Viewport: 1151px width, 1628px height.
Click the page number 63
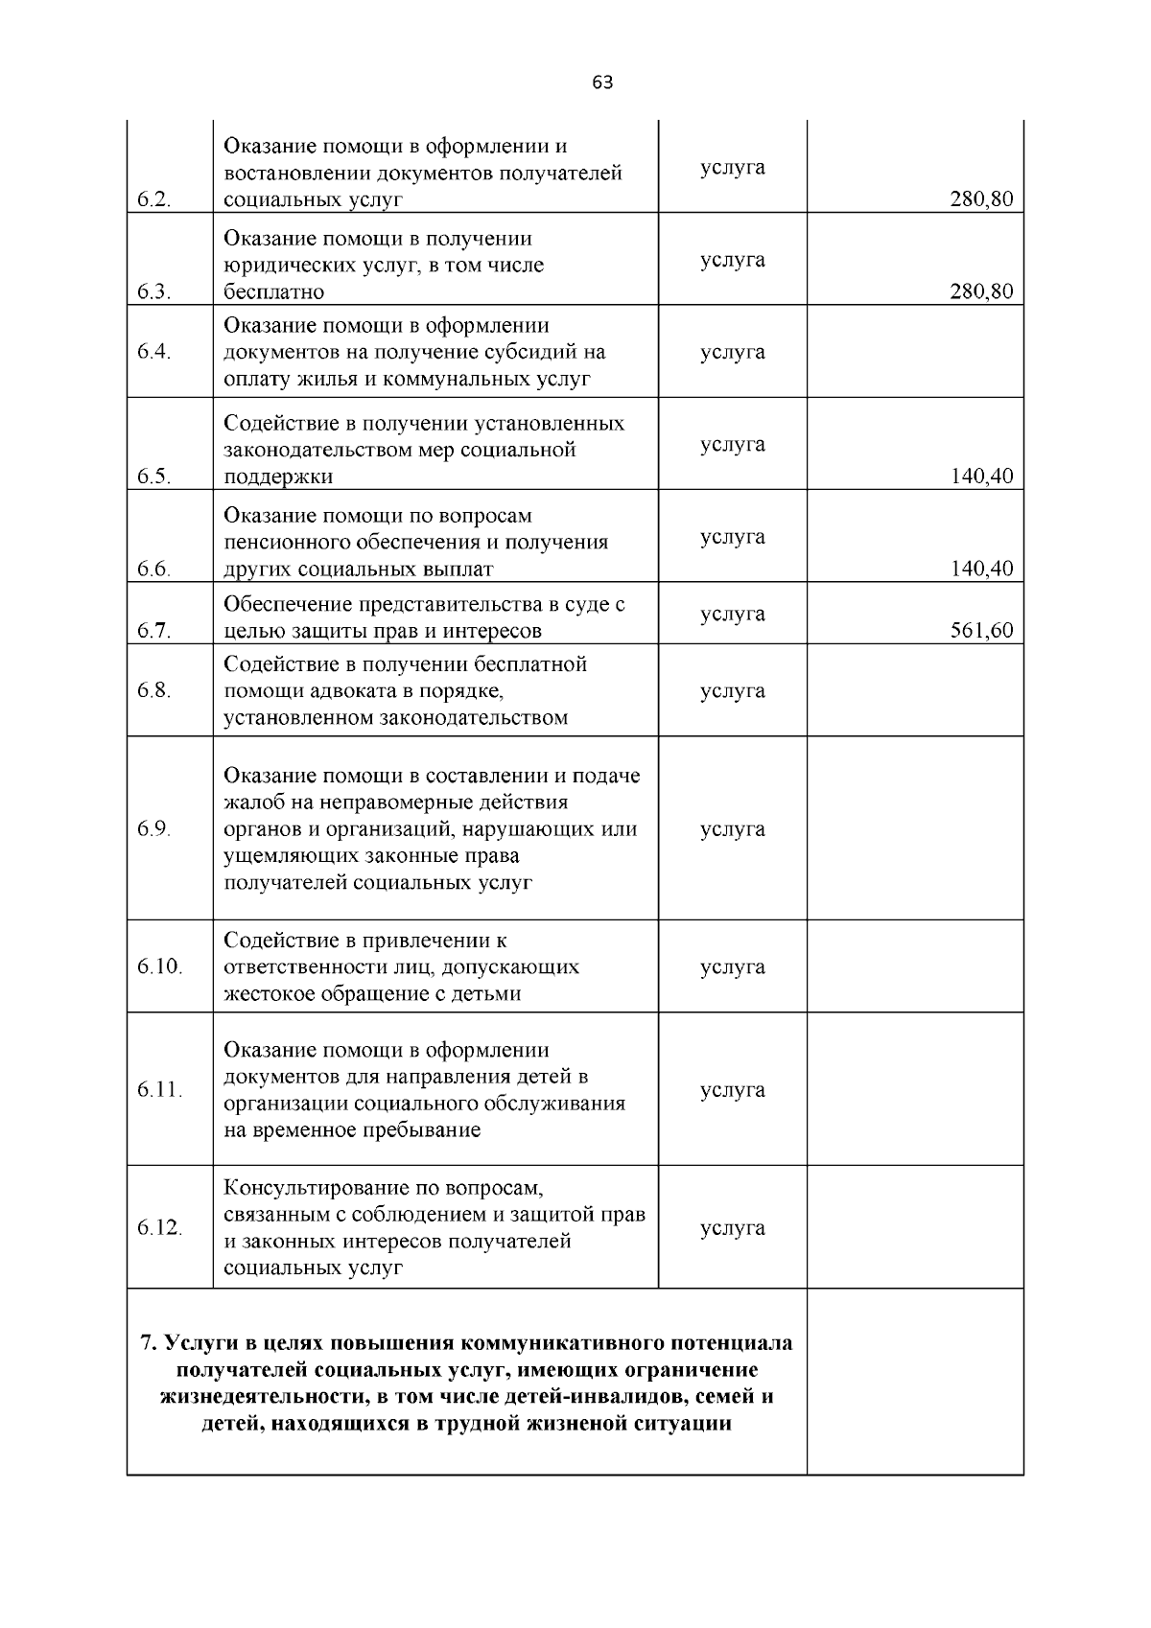pos(602,82)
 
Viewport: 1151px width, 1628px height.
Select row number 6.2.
pos(153,200)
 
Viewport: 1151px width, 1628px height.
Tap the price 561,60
pos(981,631)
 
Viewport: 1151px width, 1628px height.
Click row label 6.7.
pos(153,631)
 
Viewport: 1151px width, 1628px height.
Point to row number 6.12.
pos(159,1228)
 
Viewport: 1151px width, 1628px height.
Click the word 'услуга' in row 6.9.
pos(733,829)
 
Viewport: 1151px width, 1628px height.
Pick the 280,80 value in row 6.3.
pos(981,292)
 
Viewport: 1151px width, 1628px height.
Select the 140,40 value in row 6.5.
pos(981,477)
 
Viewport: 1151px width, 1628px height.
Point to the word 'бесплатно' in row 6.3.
pos(274,292)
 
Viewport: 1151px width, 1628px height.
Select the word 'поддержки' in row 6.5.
pos(278,477)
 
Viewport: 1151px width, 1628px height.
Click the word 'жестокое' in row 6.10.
pos(267,994)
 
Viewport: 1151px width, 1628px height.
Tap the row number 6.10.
pos(159,966)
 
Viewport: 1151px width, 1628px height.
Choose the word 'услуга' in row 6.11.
pos(733,1090)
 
